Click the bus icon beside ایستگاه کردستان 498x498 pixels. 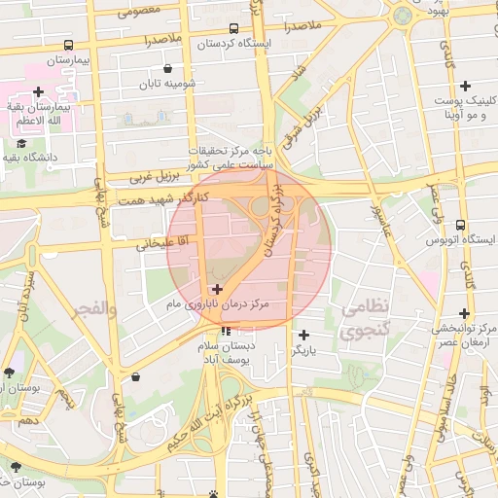coord(232,29)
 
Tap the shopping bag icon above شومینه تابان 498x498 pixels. coord(171,69)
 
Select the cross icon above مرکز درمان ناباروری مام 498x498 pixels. coord(217,289)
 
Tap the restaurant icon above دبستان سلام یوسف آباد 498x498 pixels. coord(227,331)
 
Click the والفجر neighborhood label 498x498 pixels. coord(92,310)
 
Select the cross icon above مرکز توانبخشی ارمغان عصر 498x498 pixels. coord(464,314)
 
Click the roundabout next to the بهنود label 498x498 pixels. coord(402,17)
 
